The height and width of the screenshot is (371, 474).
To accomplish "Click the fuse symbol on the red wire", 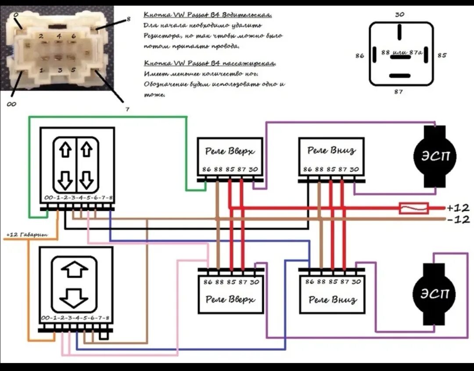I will (413, 208).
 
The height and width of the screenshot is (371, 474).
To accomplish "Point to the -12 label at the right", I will (458, 220).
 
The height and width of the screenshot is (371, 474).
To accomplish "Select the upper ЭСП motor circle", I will (434, 157).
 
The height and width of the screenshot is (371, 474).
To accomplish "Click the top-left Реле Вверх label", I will (230, 152).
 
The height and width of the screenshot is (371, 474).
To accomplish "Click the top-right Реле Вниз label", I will (331, 151).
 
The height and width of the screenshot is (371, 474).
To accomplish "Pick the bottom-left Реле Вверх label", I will (230, 300).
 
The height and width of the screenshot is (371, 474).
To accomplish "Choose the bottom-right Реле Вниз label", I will (332, 300).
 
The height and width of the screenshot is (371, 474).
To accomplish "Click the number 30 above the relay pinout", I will (399, 14).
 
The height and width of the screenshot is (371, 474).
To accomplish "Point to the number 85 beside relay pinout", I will (442, 56).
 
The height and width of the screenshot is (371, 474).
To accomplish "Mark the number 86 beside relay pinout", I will (360, 56).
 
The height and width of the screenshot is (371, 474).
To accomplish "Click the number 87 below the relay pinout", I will (399, 92).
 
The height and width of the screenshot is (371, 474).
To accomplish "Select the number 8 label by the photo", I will (128, 19).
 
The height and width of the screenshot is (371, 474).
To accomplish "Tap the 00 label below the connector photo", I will (11, 104).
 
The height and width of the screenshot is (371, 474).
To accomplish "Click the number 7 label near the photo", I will (127, 109).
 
